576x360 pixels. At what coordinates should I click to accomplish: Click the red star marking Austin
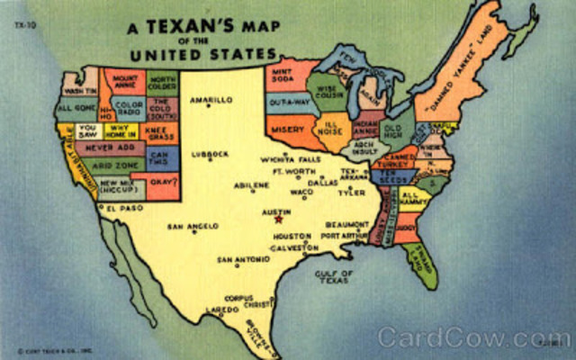pos(278,218)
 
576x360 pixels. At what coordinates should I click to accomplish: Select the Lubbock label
pos(211,153)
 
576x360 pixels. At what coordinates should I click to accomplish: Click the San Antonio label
pos(242,259)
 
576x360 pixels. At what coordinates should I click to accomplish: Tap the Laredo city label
pos(221,310)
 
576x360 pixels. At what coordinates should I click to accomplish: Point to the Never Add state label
pos(109,146)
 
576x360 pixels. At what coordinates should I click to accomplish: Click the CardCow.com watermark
pos(474,337)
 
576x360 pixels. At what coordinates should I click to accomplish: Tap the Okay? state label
pos(162,182)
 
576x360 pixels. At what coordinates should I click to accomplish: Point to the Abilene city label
pos(251,184)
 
